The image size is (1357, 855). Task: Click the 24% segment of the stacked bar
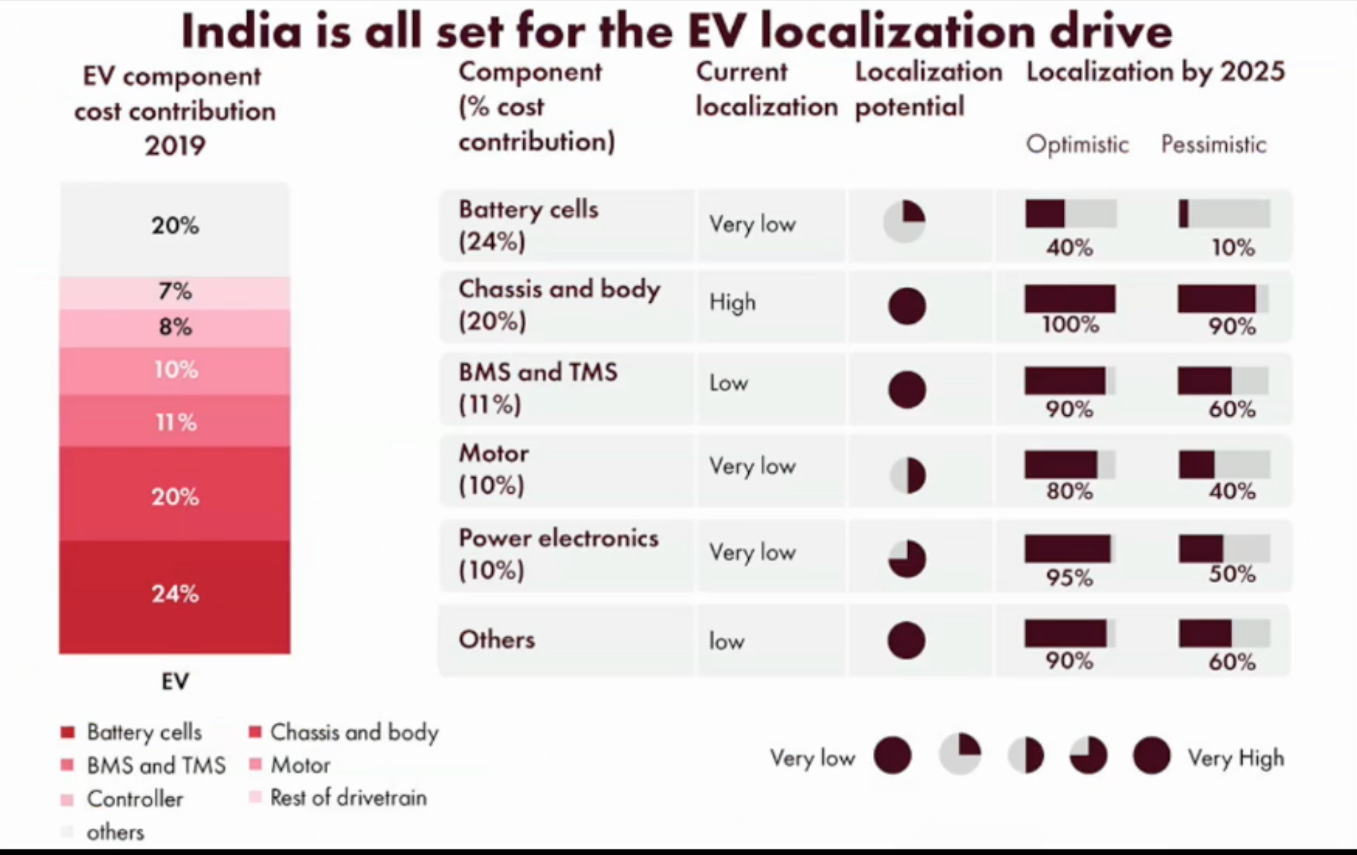[x=174, y=594]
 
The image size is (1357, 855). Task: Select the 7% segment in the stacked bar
[x=174, y=292]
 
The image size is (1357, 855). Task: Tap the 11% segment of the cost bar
[x=174, y=421]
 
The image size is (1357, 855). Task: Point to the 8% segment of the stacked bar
[x=174, y=327]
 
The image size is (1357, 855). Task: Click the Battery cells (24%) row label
[x=528, y=225]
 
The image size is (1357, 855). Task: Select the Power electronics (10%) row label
[x=558, y=554]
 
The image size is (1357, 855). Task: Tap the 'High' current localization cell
[x=732, y=302]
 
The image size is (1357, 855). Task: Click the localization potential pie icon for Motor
[x=907, y=475]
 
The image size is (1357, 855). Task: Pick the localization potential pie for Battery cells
[x=904, y=221]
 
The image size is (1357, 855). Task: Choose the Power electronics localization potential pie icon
[x=907, y=558]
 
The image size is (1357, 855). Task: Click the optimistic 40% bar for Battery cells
[x=1070, y=214]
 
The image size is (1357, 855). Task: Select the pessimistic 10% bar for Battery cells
[x=1224, y=214]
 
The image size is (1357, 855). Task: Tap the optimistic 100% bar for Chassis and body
[x=1070, y=299]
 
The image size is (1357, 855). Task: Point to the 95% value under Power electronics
[x=1069, y=576]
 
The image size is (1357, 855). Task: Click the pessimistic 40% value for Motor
[x=1232, y=491]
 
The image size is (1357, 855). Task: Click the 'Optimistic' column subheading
[x=1077, y=144]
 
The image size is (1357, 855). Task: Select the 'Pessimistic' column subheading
[x=1214, y=144]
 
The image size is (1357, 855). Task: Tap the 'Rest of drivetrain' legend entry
[x=348, y=798]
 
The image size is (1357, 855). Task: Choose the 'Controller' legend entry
[x=134, y=798]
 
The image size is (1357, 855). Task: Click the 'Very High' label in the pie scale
[x=1236, y=758]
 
